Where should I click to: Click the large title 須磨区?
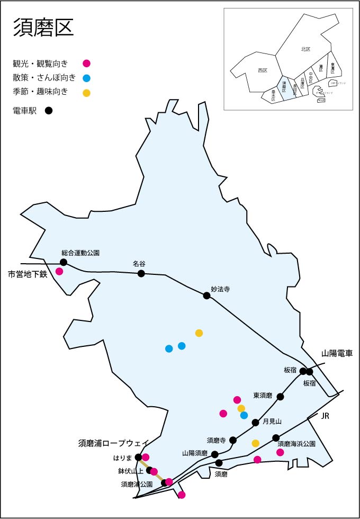click(43, 28)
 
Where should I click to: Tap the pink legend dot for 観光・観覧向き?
click(87, 64)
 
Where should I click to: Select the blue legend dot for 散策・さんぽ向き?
click(87, 78)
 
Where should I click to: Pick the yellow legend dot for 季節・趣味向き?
click(87, 93)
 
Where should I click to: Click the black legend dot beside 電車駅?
click(49, 111)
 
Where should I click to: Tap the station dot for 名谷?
click(141, 273)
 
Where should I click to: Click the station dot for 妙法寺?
click(207, 296)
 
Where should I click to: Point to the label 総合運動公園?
click(80, 253)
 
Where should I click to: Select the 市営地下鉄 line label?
click(28, 274)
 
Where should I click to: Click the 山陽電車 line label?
click(337, 353)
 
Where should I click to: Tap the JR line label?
click(325, 417)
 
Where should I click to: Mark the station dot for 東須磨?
click(281, 397)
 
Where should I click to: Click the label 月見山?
click(272, 422)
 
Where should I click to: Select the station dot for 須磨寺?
click(233, 440)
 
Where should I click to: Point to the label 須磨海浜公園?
click(296, 444)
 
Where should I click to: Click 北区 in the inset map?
click(305, 49)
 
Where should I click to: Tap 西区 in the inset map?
click(263, 70)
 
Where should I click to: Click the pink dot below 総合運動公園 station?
click(59, 272)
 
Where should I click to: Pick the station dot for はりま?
click(139, 457)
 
